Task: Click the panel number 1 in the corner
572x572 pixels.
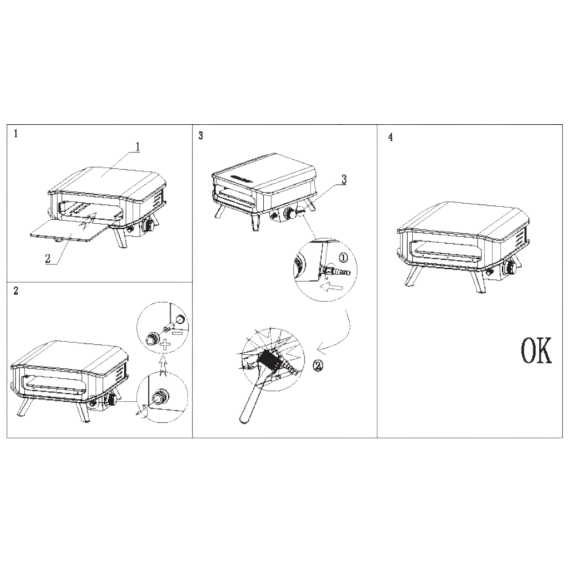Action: click(x=15, y=134)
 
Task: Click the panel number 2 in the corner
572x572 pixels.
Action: click(x=15, y=291)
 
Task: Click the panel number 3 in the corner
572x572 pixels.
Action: click(x=201, y=136)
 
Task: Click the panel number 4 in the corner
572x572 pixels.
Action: click(x=390, y=137)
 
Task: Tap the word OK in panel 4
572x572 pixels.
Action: click(x=536, y=351)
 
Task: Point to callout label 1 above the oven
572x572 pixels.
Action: click(x=137, y=147)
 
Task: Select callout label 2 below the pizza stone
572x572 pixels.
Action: click(x=48, y=259)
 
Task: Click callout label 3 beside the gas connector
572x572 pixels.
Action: click(x=344, y=180)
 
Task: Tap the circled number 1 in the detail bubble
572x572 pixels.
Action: click(x=343, y=258)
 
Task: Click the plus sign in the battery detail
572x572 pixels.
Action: click(x=165, y=344)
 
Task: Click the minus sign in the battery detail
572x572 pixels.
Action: click(x=178, y=332)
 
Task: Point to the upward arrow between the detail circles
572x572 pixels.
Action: click(x=163, y=365)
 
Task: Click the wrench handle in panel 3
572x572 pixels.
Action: click(x=251, y=398)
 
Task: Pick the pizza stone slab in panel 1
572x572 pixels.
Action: click(x=70, y=230)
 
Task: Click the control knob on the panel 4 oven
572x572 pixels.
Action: click(x=511, y=269)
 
